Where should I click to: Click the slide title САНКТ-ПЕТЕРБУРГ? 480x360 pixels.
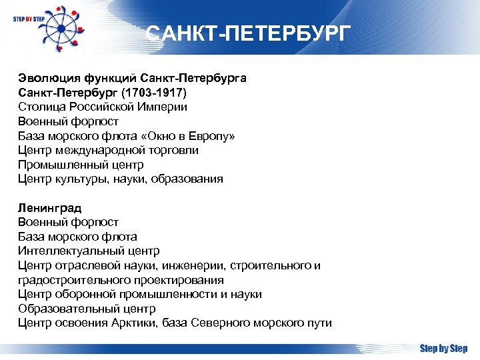[247, 34]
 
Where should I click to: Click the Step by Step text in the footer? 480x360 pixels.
[443, 348]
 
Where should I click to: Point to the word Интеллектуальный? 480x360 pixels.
[65, 251]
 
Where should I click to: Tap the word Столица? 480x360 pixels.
[40, 107]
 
